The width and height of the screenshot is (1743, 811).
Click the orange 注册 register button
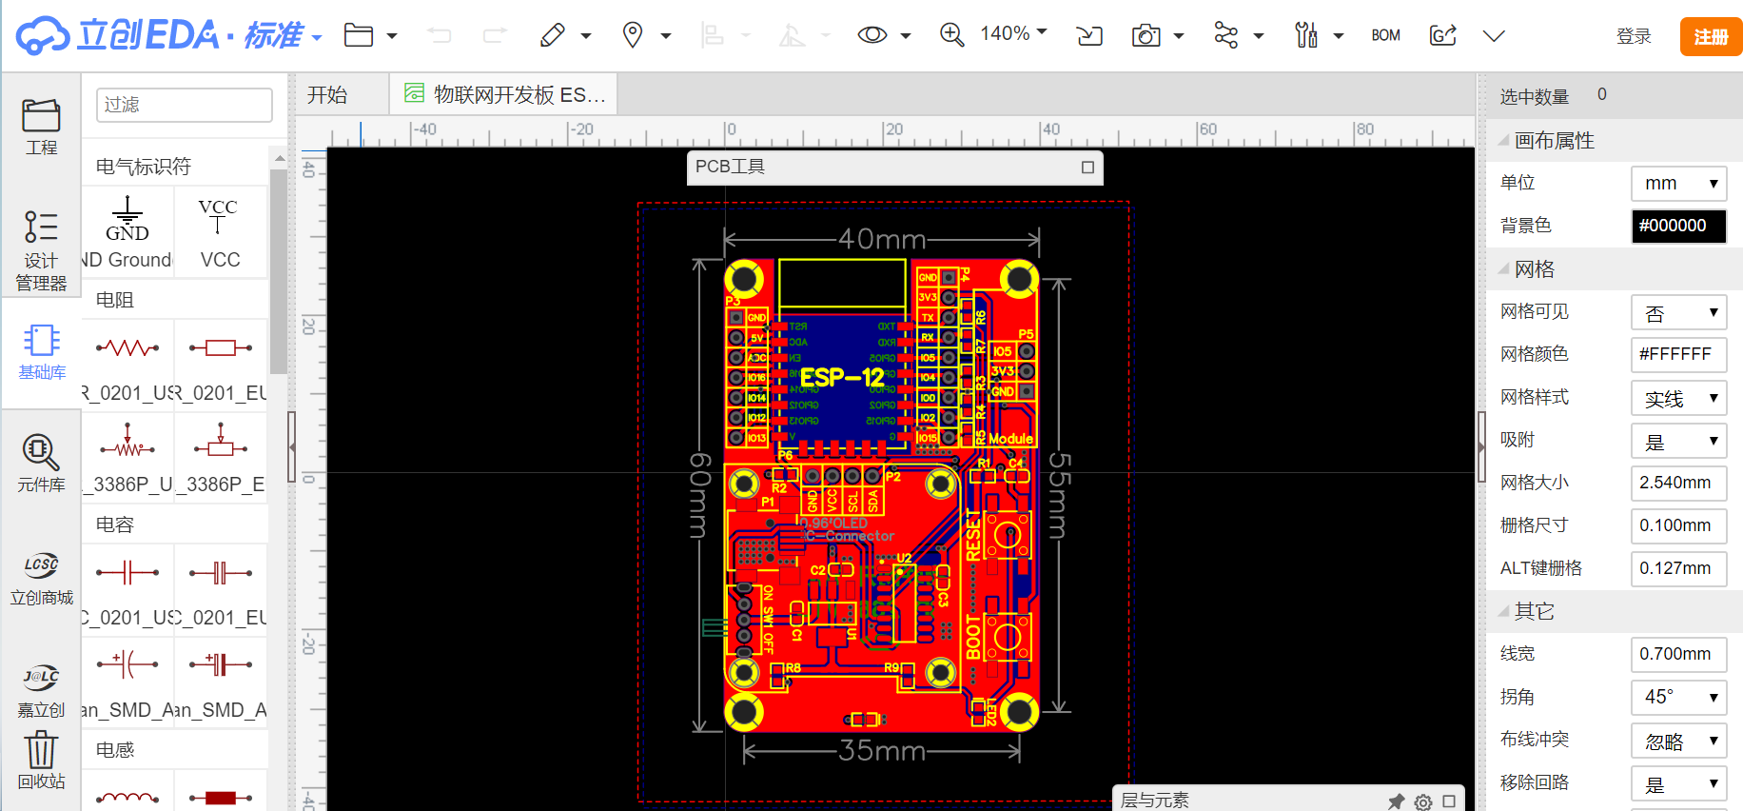(x=1710, y=36)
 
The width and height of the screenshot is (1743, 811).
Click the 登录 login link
(x=1634, y=36)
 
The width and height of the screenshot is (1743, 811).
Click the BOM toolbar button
(x=1385, y=35)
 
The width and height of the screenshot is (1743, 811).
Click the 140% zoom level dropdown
(x=1013, y=34)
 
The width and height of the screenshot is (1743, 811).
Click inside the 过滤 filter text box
(x=184, y=105)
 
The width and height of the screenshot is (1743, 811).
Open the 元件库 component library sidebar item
(x=41, y=462)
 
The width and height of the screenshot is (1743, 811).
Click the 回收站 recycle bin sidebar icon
(x=41, y=760)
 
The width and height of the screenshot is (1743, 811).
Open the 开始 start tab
(x=328, y=95)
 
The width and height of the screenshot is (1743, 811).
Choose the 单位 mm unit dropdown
(x=1678, y=183)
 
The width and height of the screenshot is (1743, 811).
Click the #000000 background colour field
(x=1678, y=226)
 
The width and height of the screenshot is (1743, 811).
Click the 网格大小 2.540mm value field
(x=1678, y=483)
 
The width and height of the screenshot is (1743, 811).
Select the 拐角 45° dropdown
(x=1678, y=697)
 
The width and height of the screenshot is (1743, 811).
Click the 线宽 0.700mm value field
(x=1678, y=654)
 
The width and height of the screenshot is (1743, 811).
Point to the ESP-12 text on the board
(x=842, y=378)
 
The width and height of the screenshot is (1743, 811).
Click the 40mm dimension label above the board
(x=882, y=239)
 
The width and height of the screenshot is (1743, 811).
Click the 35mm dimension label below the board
(x=882, y=751)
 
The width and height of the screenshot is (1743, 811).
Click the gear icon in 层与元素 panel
(x=1423, y=801)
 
